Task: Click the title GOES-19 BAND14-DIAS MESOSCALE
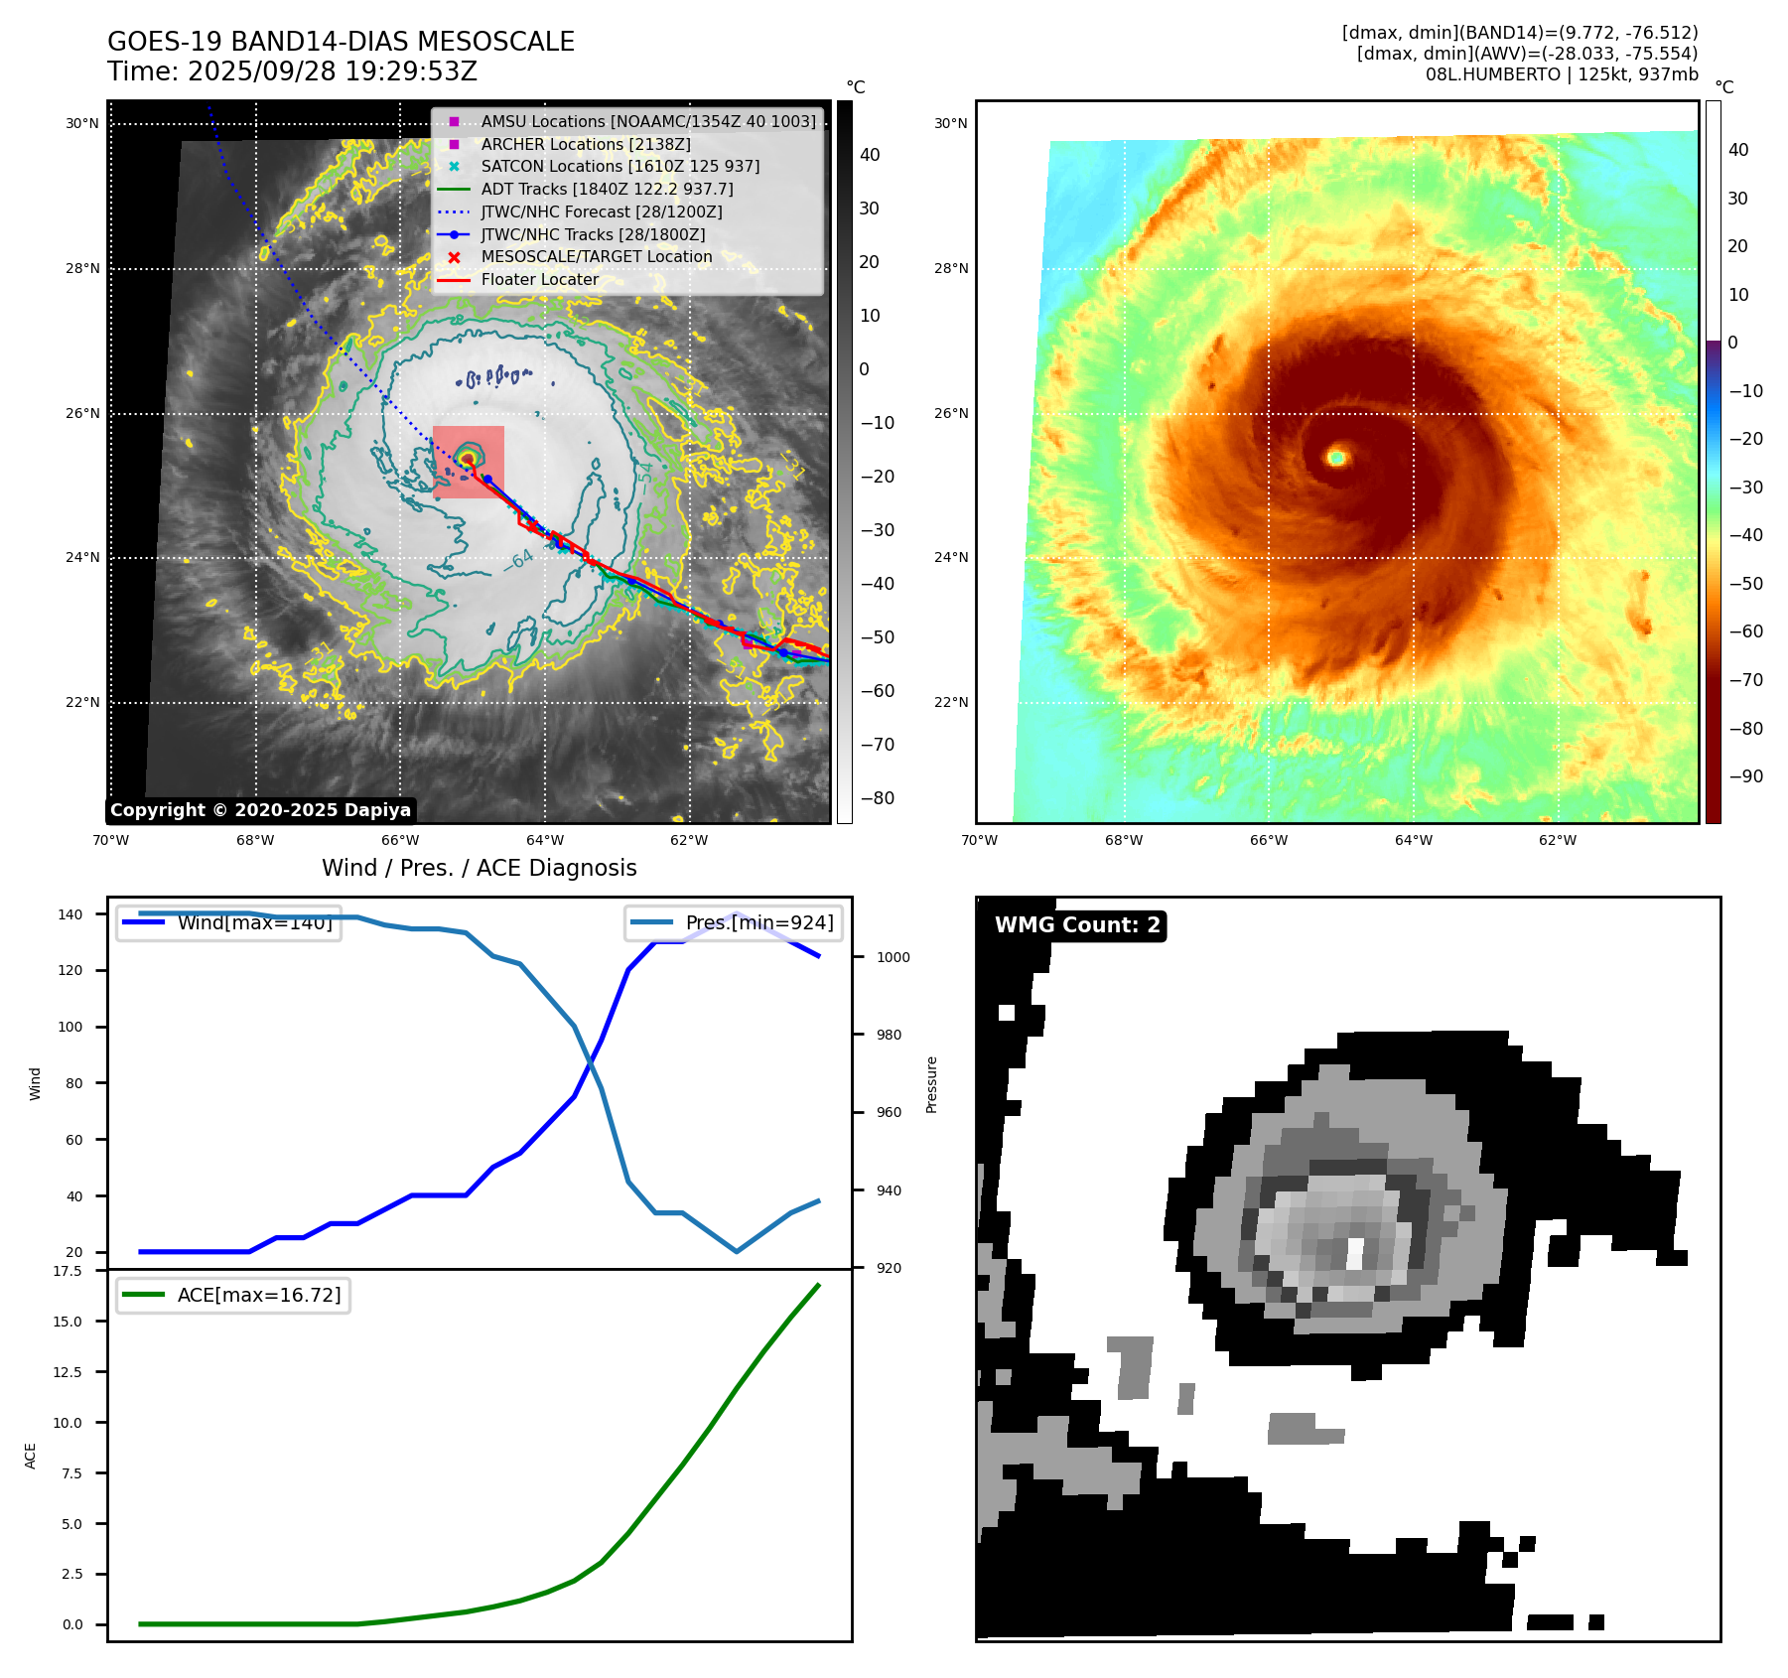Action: click(x=341, y=42)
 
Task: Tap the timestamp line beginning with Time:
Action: click(x=292, y=71)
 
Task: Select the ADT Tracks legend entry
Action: click(x=607, y=189)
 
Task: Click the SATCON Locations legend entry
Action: click(x=619, y=166)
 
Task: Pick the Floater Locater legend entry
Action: click(x=539, y=279)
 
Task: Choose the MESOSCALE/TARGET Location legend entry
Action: click(x=596, y=256)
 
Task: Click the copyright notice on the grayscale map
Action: click(x=260, y=810)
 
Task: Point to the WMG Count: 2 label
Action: click(x=1077, y=925)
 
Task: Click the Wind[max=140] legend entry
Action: click(x=254, y=922)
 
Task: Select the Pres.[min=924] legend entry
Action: click(x=758, y=922)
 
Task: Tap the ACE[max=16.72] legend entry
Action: click(x=258, y=1295)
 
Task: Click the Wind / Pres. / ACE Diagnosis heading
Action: click(x=479, y=868)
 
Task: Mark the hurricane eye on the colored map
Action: click(x=1336, y=458)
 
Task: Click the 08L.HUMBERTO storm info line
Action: click(x=1561, y=74)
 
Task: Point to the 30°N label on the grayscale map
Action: click(x=82, y=124)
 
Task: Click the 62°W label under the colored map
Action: click(x=1557, y=840)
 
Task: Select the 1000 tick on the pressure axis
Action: click(x=893, y=957)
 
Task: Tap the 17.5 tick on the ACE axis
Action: click(x=68, y=1271)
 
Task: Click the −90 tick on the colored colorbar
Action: click(x=1745, y=776)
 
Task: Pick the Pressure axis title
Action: click(x=931, y=1084)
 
